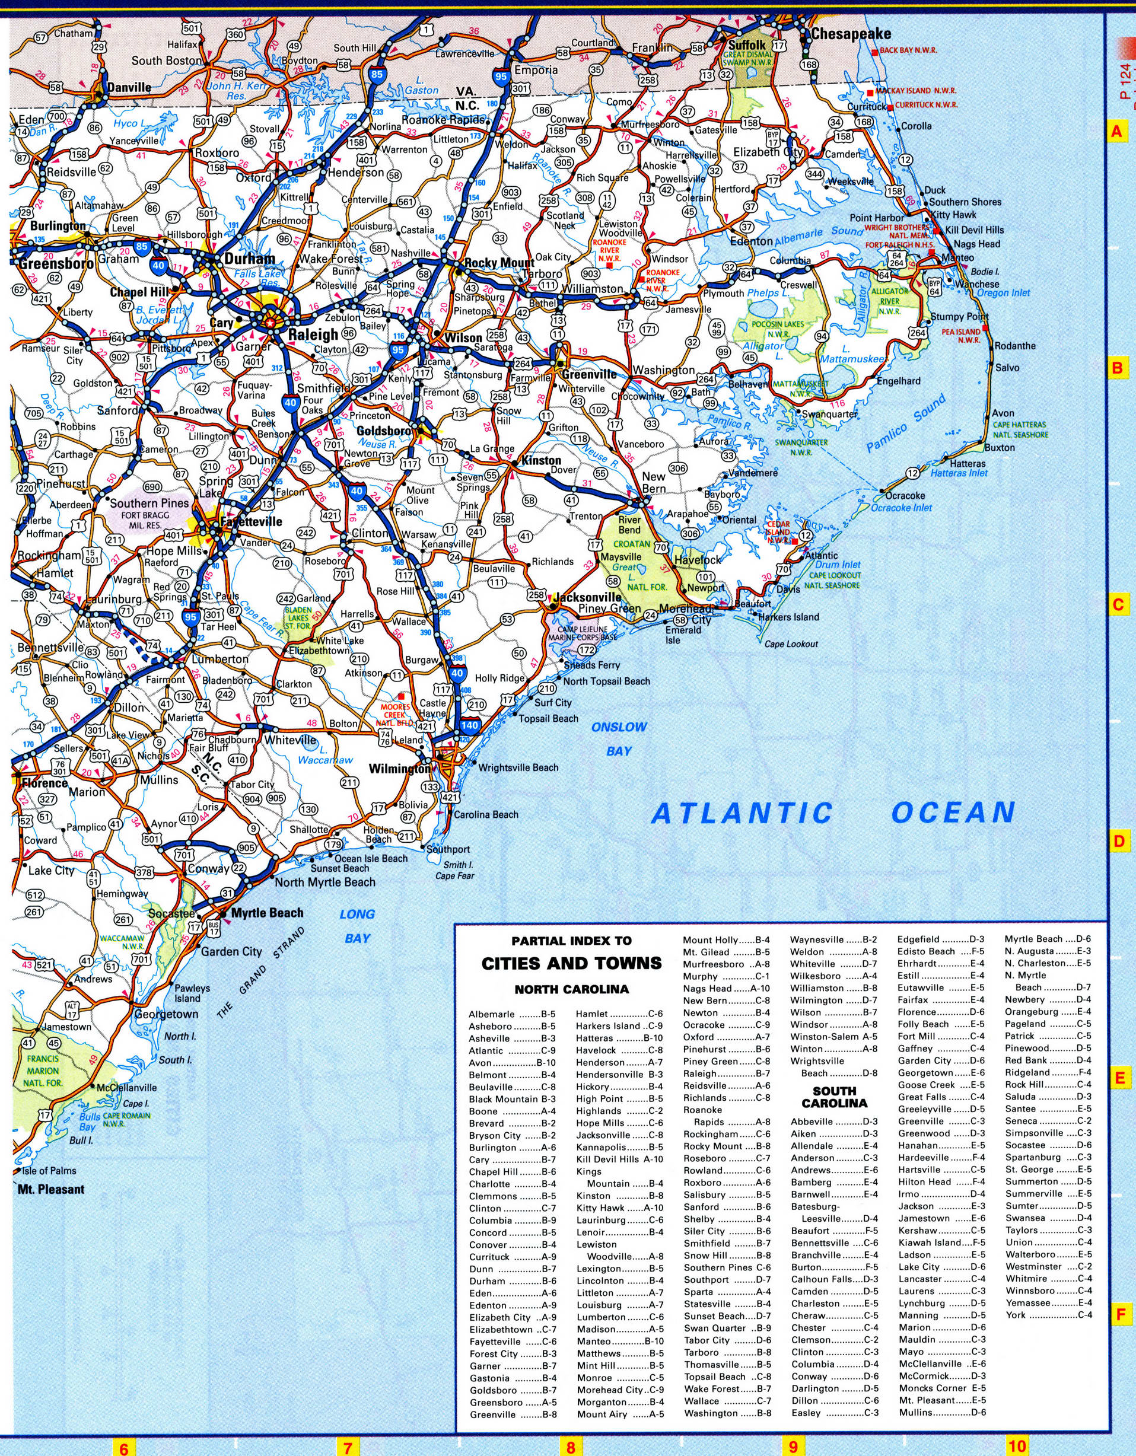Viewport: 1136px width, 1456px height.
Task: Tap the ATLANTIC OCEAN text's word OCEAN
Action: pyautogui.click(x=953, y=813)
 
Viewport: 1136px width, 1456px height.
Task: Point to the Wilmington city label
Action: pyautogui.click(x=400, y=769)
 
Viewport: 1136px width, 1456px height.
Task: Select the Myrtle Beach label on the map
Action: pyautogui.click(x=267, y=913)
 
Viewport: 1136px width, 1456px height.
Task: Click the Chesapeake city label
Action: pyautogui.click(x=851, y=34)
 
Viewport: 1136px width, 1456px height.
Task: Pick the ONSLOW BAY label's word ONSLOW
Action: pyautogui.click(x=619, y=727)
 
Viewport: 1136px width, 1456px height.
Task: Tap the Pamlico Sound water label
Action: pyautogui.click(x=906, y=423)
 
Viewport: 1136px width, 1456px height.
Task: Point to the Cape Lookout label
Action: pyautogui.click(x=791, y=644)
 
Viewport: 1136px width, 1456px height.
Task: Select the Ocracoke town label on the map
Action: pyautogui.click(x=905, y=495)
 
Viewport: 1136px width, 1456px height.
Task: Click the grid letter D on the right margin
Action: pyautogui.click(x=1119, y=842)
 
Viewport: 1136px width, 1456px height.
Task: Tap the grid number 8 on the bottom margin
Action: pyautogui.click(x=571, y=1447)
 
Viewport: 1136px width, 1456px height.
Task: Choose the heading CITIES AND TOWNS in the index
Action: pyautogui.click(x=571, y=963)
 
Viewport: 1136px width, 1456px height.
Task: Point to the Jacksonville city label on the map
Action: pyautogui.click(x=590, y=597)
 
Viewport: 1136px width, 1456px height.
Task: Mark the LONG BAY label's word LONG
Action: pyautogui.click(x=357, y=914)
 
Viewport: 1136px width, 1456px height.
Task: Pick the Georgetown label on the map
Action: pyautogui.click(x=166, y=1014)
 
